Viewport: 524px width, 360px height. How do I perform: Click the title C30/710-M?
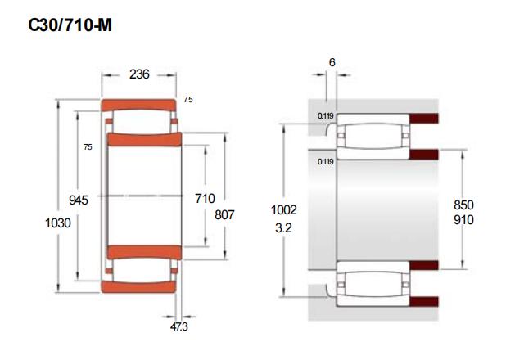tap(70, 25)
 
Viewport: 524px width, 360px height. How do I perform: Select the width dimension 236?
tap(139, 74)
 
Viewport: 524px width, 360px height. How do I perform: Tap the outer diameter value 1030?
tap(58, 223)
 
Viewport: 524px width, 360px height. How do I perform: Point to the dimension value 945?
tap(79, 200)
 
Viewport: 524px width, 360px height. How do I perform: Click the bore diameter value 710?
tap(205, 198)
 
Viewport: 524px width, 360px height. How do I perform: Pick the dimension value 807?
tap(224, 214)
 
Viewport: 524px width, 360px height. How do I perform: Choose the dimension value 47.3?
tap(179, 326)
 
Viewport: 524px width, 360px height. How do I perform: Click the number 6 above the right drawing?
tap(332, 62)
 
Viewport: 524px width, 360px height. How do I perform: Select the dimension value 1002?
tap(284, 209)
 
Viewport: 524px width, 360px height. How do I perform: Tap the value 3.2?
tap(283, 227)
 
